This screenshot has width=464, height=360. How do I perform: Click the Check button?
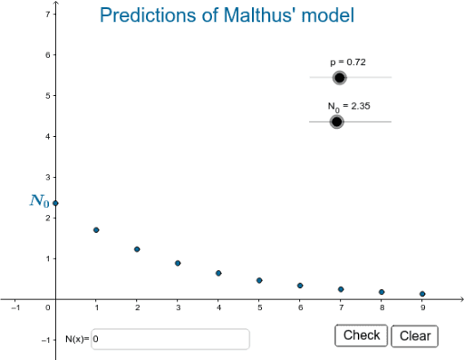[x=362, y=336]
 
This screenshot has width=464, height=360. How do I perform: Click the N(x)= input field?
[x=170, y=339]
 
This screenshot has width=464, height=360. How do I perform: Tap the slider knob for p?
[x=340, y=77]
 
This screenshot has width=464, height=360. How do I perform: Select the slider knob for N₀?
[x=337, y=122]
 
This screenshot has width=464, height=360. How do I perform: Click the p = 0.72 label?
[x=347, y=62]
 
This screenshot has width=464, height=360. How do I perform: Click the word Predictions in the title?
[x=146, y=15]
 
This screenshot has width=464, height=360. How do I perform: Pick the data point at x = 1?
[x=96, y=230]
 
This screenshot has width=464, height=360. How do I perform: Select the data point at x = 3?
[x=178, y=263]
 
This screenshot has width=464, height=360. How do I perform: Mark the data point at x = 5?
[x=259, y=280]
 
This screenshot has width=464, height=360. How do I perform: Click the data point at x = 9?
[x=422, y=294]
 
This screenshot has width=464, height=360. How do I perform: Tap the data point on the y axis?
[x=55, y=203]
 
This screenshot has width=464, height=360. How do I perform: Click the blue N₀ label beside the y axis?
[x=39, y=200]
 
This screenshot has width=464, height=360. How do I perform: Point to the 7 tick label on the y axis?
[x=46, y=15]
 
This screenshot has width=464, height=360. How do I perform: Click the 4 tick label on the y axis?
[x=46, y=137]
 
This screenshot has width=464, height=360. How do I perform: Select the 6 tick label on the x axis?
[x=300, y=308]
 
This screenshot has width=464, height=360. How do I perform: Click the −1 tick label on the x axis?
[x=14, y=308]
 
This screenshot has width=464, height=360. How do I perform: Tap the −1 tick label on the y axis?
[x=44, y=340]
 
